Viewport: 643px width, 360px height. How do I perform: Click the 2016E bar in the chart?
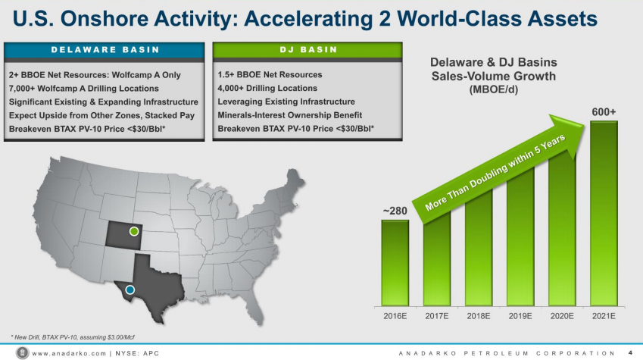395,263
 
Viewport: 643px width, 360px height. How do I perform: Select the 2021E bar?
604,214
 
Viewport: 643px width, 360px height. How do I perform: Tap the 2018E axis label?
479,316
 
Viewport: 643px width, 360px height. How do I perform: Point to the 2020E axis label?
562,316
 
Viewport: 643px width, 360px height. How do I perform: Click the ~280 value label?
395,211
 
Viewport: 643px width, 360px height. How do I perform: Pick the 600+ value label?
604,111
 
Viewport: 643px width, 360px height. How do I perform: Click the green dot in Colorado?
134,231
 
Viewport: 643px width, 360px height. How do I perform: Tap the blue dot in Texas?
130,290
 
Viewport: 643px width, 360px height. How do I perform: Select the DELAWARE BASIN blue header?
105,50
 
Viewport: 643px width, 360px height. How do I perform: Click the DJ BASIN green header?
307,50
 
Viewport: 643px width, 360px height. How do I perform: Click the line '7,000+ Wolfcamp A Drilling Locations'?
83,88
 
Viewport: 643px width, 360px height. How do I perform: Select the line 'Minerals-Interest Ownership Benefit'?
290,115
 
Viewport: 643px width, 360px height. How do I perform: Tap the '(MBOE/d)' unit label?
493,89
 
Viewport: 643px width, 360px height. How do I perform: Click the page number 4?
630,352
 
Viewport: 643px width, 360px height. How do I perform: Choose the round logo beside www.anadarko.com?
22,352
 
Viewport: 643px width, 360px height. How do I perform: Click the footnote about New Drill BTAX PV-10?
73,337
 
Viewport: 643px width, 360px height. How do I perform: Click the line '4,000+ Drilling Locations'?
267,88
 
